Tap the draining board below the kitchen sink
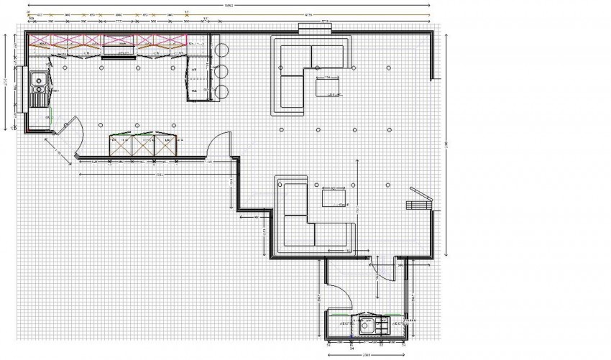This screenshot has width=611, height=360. pyautogui.click(x=37, y=98)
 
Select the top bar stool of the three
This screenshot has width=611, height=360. pyautogui.click(x=221, y=50)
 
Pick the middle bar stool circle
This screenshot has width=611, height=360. pyautogui.click(x=221, y=70)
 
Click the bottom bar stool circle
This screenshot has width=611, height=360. pyautogui.click(x=221, y=91)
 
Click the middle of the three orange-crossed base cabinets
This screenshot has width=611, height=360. pyautogui.click(x=142, y=145)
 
